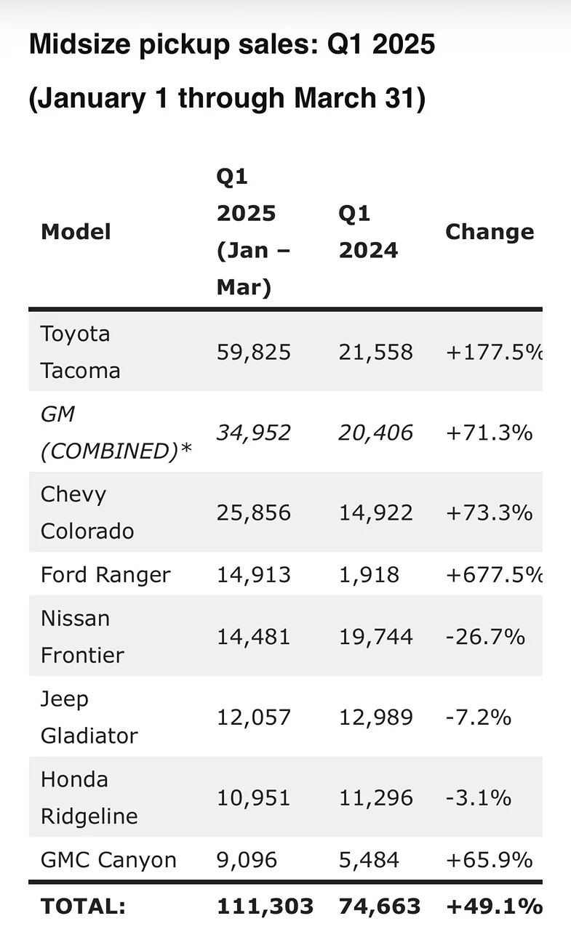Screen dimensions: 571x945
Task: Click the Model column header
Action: [x=76, y=232]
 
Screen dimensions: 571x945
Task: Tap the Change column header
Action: [x=490, y=232]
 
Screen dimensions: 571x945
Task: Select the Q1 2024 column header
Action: [x=369, y=232]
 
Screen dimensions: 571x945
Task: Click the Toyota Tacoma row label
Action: [x=80, y=352]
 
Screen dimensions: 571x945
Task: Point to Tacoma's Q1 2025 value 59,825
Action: [x=254, y=353]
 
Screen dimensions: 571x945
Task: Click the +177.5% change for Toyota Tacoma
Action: [x=494, y=353]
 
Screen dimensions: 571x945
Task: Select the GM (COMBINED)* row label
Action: [x=116, y=433]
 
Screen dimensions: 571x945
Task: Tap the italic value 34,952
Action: [x=254, y=433]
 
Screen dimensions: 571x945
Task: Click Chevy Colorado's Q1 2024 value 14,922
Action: [x=375, y=513]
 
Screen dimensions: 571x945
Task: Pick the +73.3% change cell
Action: [x=489, y=513]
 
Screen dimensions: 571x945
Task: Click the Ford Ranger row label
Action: [x=105, y=574]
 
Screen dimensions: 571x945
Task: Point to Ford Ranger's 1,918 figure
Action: [x=369, y=575]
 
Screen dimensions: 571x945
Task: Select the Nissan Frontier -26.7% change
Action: [x=485, y=637]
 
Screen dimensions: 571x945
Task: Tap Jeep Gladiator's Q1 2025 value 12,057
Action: [x=254, y=717]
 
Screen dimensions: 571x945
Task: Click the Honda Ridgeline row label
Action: [x=89, y=797]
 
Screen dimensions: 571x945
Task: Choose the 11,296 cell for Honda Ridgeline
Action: [x=375, y=797]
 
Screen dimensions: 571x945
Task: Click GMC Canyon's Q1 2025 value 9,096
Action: [x=247, y=860]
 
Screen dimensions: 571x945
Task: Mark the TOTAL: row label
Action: [x=83, y=906]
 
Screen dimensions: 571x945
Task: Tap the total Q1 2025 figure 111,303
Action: [x=265, y=906]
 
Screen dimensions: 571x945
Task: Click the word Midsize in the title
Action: [x=80, y=44]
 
